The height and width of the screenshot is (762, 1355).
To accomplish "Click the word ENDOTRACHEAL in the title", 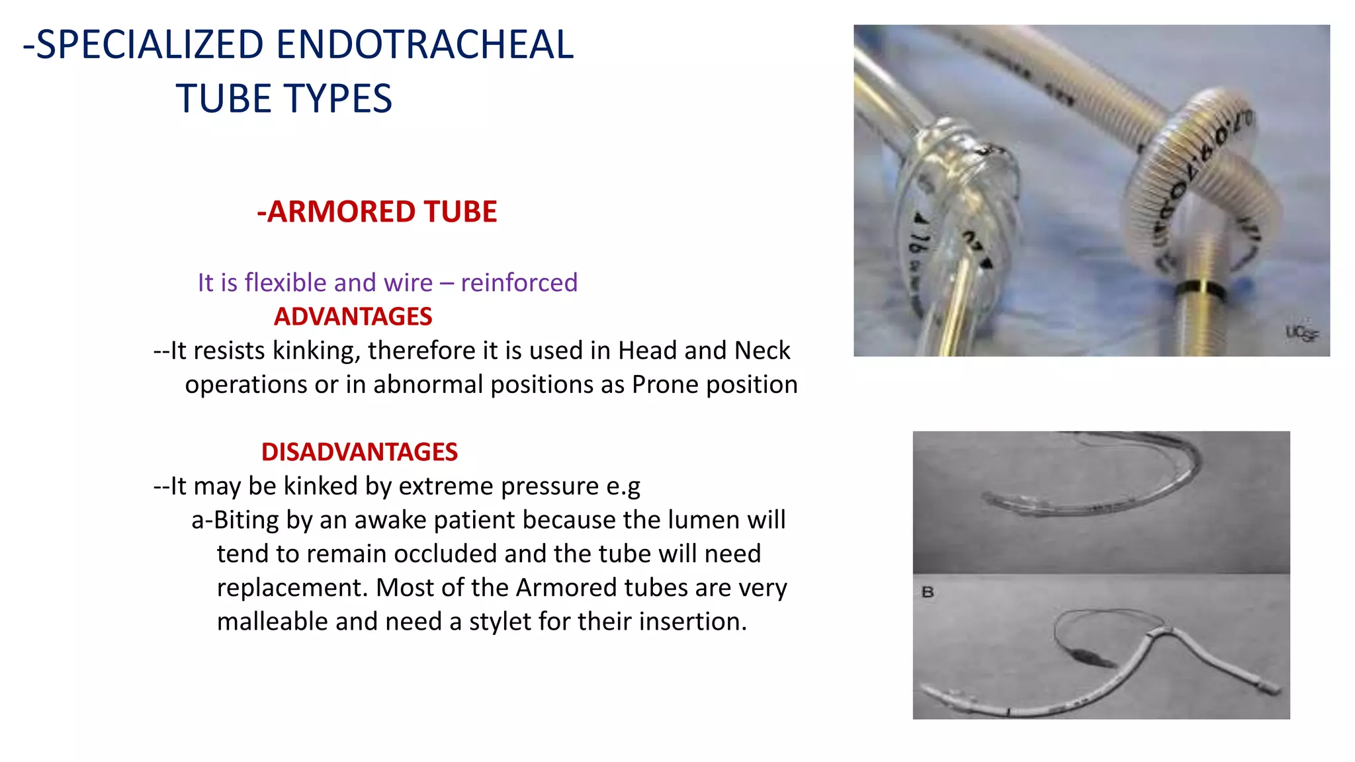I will pyautogui.click(x=424, y=45).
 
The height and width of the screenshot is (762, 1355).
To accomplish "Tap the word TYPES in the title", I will pyautogui.click(x=341, y=99).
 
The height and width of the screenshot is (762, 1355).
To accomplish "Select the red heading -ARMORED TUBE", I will pyautogui.click(x=376, y=212).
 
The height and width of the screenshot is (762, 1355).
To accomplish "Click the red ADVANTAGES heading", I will pyautogui.click(x=353, y=317).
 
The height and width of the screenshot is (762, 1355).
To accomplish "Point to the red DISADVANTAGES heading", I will pyautogui.click(x=359, y=452).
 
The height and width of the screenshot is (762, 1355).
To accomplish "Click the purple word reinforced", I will pyautogui.click(x=519, y=283).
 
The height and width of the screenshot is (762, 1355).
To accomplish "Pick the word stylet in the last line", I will pyautogui.click(x=500, y=622).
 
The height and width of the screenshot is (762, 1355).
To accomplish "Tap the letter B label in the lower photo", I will pyautogui.click(x=928, y=592).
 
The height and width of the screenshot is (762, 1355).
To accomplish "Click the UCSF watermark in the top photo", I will pyautogui.click(x=1301, y=333).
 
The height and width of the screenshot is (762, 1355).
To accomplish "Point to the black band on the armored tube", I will pyautogui.click(x=1200, y=288).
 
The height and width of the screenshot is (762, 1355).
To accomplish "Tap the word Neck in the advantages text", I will pyautogui.click(x=762, y=351).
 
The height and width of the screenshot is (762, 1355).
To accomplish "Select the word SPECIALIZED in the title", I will pyautogui.click(x=150, y=45).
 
